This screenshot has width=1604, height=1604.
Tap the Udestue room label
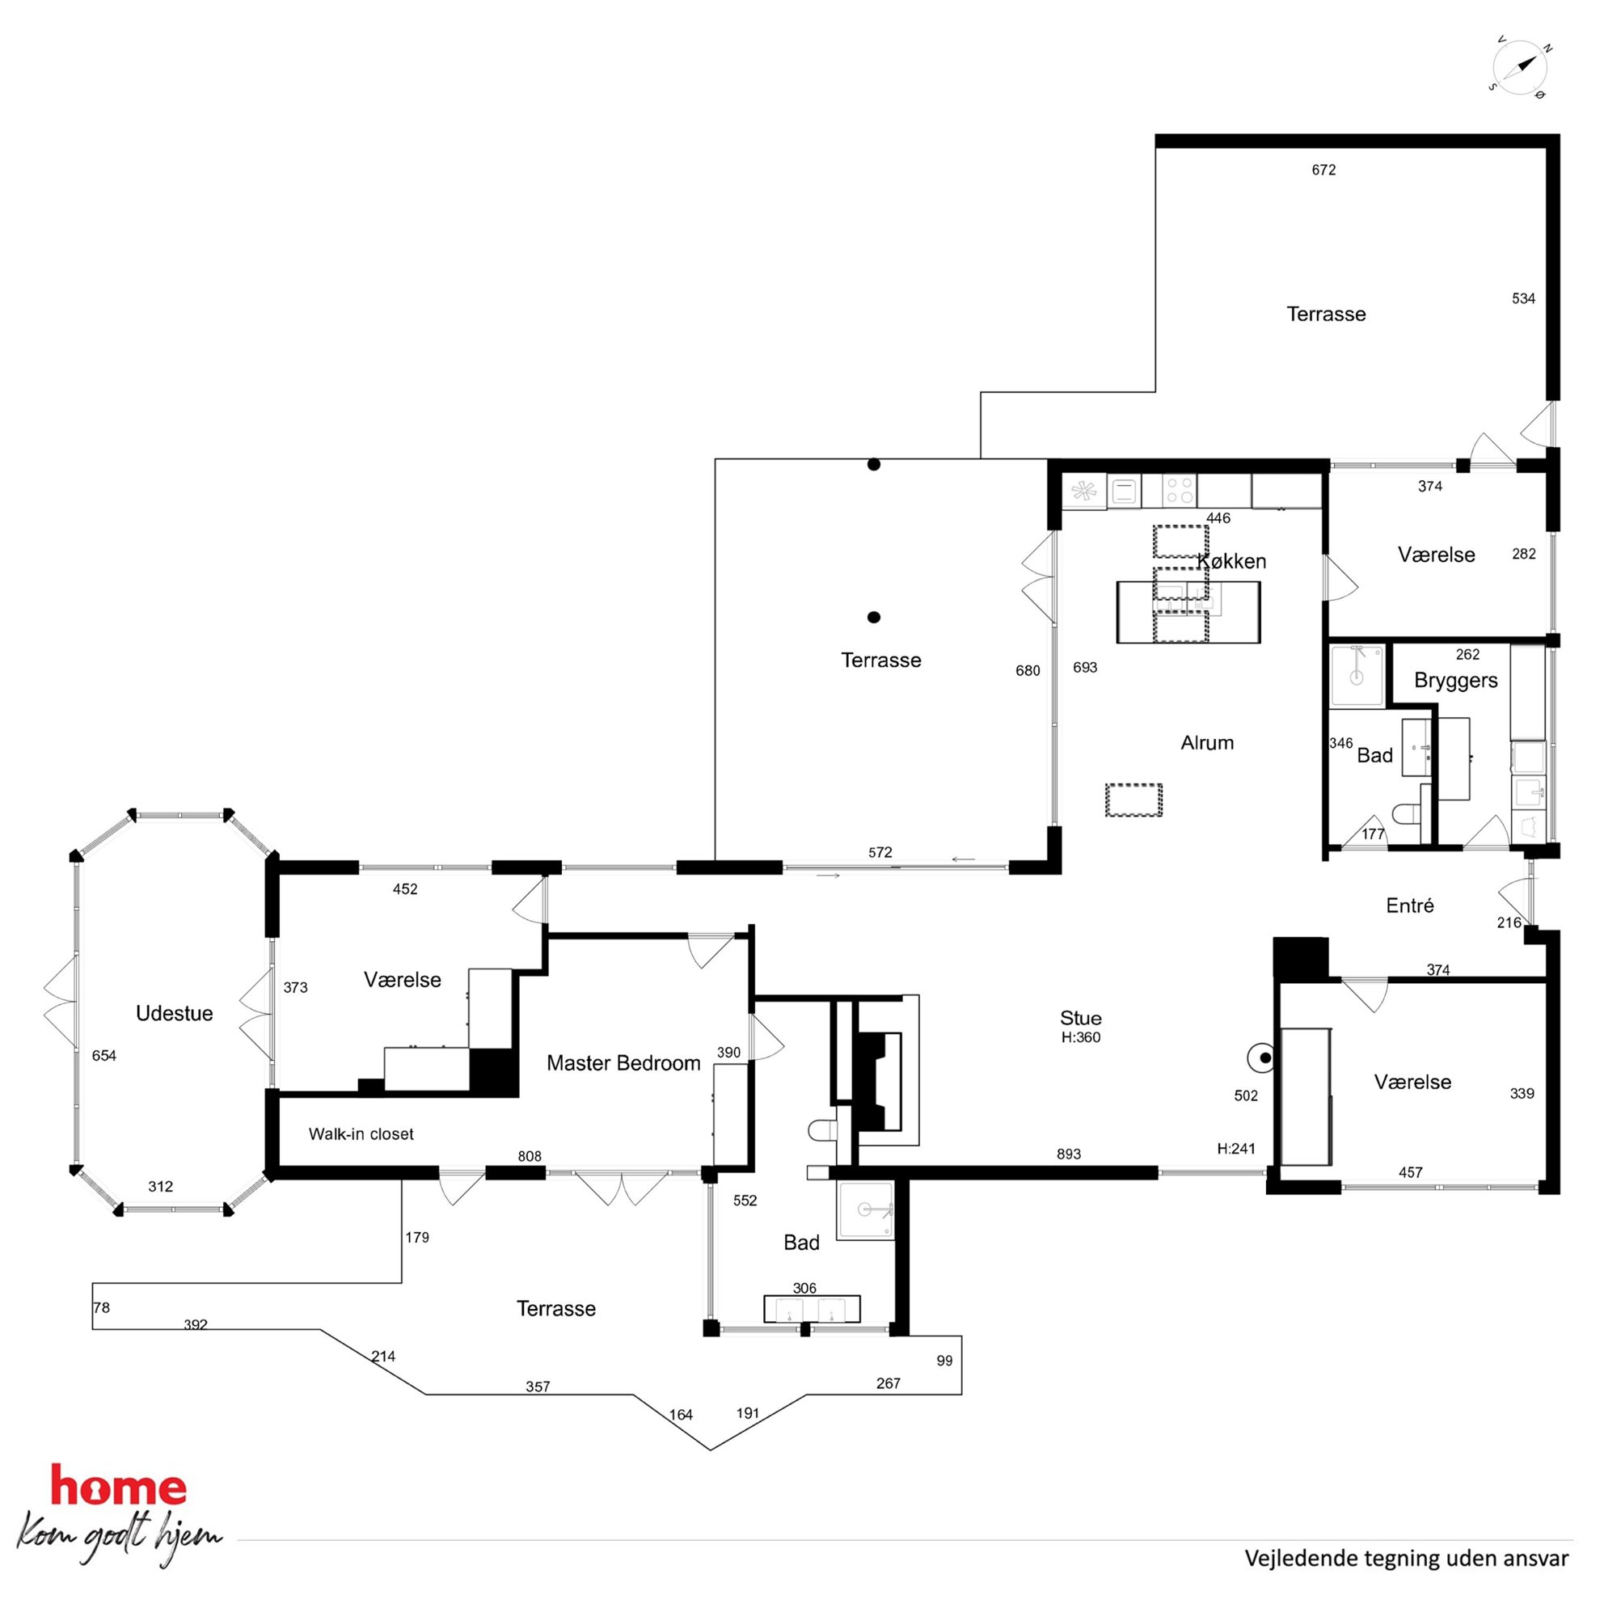[175, 1013]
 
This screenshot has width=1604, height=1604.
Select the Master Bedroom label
[623, 1062]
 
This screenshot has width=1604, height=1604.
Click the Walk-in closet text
[361, 1134]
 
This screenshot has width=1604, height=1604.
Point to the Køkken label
[1231, 561]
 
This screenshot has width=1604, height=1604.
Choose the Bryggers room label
[1456, 681]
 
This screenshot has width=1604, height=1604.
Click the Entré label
[1410, 905]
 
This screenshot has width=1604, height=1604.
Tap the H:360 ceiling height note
[1080, 1037]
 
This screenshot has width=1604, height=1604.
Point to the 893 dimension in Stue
[1069, 1154]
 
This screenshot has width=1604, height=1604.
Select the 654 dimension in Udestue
[103, 1056]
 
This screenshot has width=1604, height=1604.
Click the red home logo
[119, 1485]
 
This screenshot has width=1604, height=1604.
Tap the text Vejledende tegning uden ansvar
[1407, 1559]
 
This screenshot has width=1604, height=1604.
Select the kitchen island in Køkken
[1188, 612]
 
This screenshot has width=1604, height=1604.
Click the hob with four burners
[1179, 491]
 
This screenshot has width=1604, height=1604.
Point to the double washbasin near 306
[811, 1308]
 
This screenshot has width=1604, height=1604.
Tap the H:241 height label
[1236, 1149]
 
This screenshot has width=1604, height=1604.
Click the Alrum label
[1207, 743]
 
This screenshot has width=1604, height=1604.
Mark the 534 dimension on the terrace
[1523, 298]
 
